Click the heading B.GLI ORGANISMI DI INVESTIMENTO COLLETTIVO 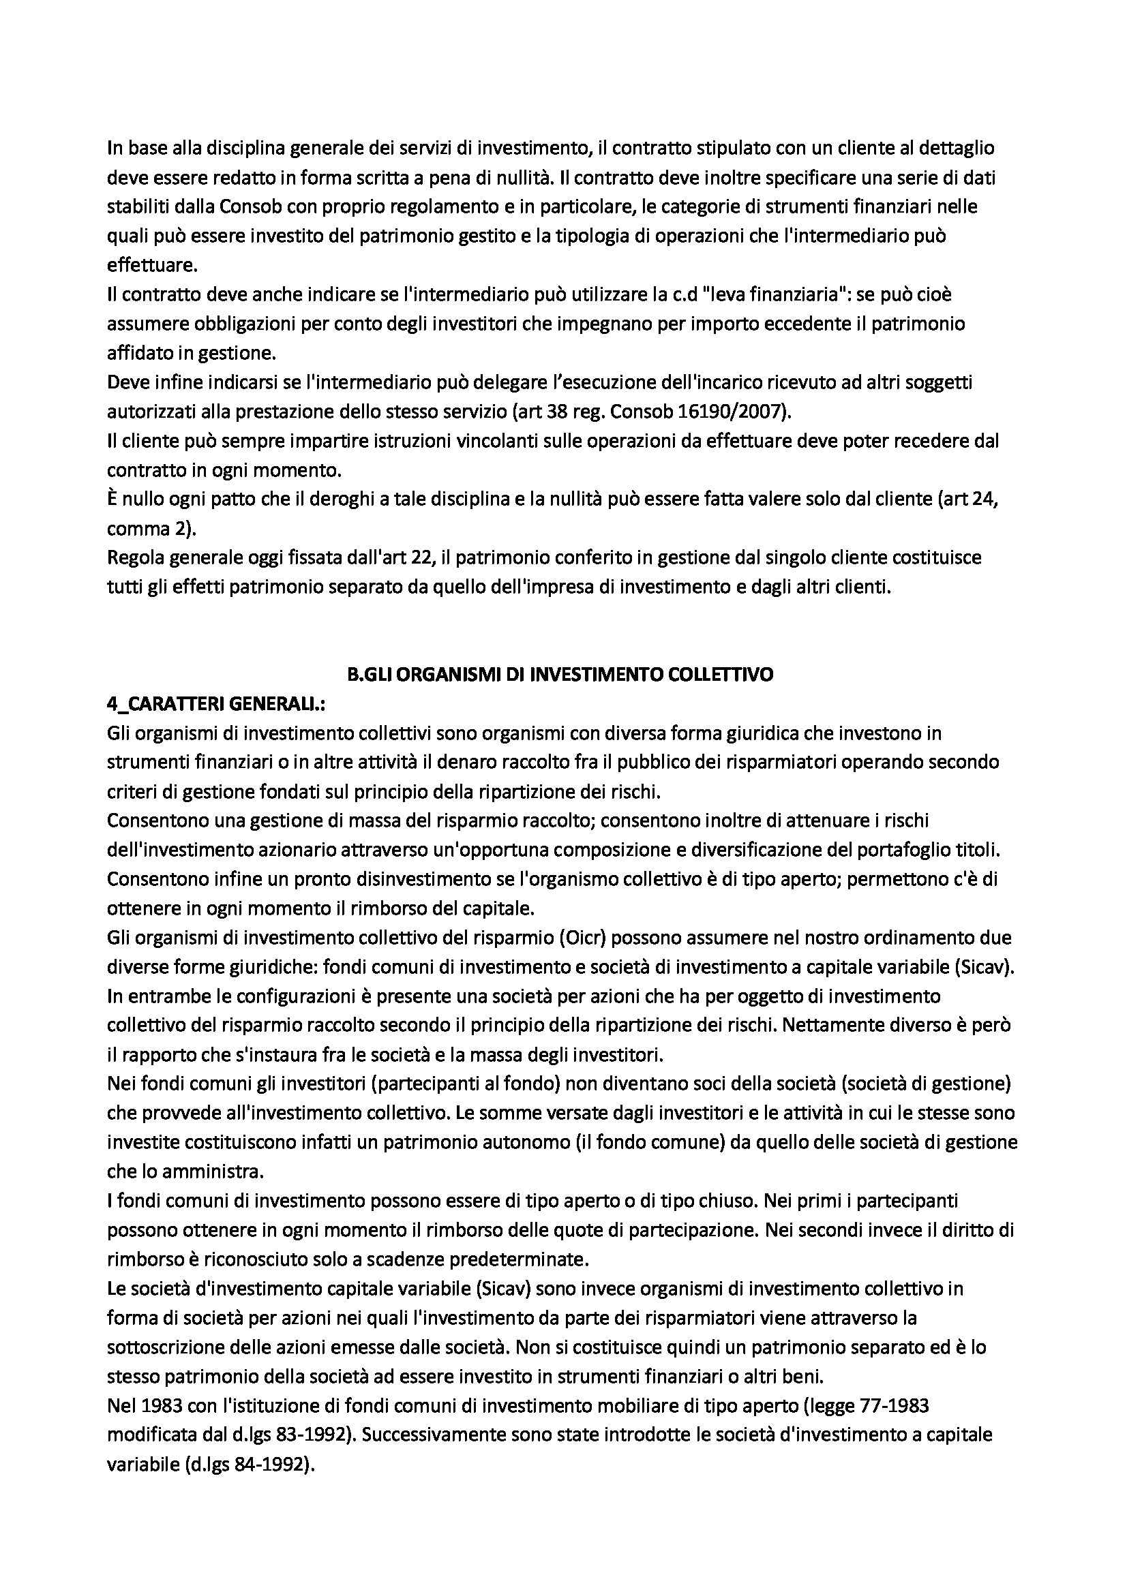click(x=560, y=674)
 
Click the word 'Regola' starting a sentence click(x=136, y=557)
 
